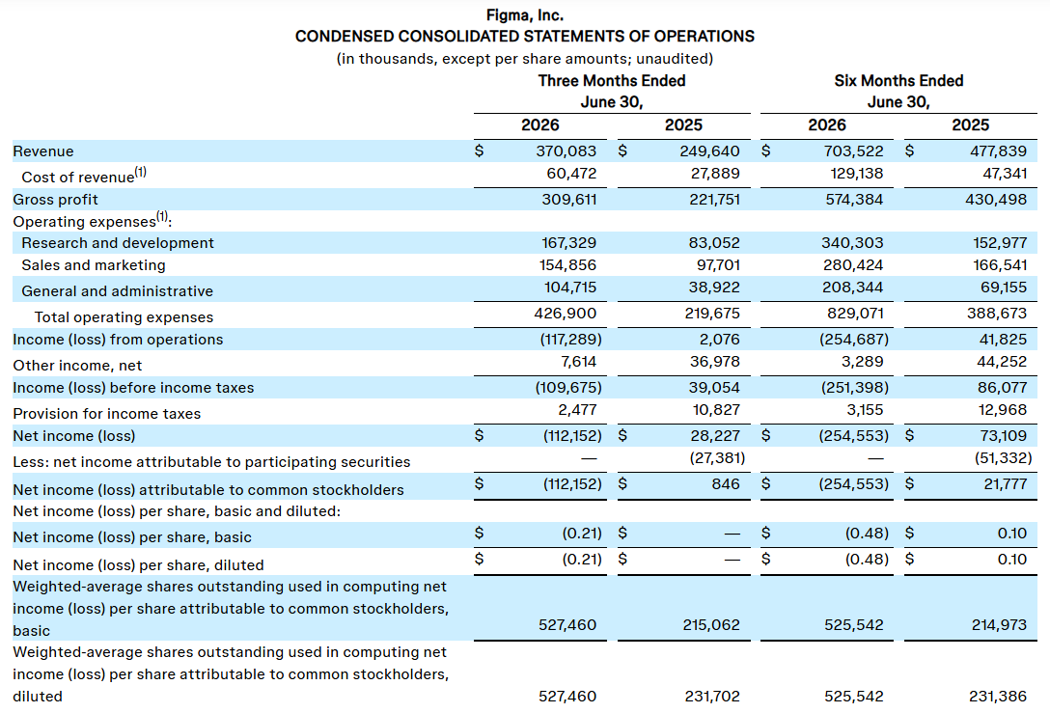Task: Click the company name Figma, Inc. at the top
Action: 524,15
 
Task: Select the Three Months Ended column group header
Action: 612,81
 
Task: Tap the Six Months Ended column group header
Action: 898,81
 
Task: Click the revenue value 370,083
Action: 566,151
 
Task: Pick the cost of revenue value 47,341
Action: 1005,174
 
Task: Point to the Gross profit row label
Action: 55,200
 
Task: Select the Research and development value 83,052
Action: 714,243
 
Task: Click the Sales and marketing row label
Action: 93,265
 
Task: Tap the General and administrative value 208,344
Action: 852,288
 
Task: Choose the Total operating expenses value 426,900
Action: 566,314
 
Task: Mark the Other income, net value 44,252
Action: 1002,362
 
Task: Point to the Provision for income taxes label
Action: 106,414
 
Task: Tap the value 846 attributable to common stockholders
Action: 726,484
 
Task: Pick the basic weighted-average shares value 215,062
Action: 711,625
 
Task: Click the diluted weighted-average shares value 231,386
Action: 998,697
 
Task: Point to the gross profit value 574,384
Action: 854,200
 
